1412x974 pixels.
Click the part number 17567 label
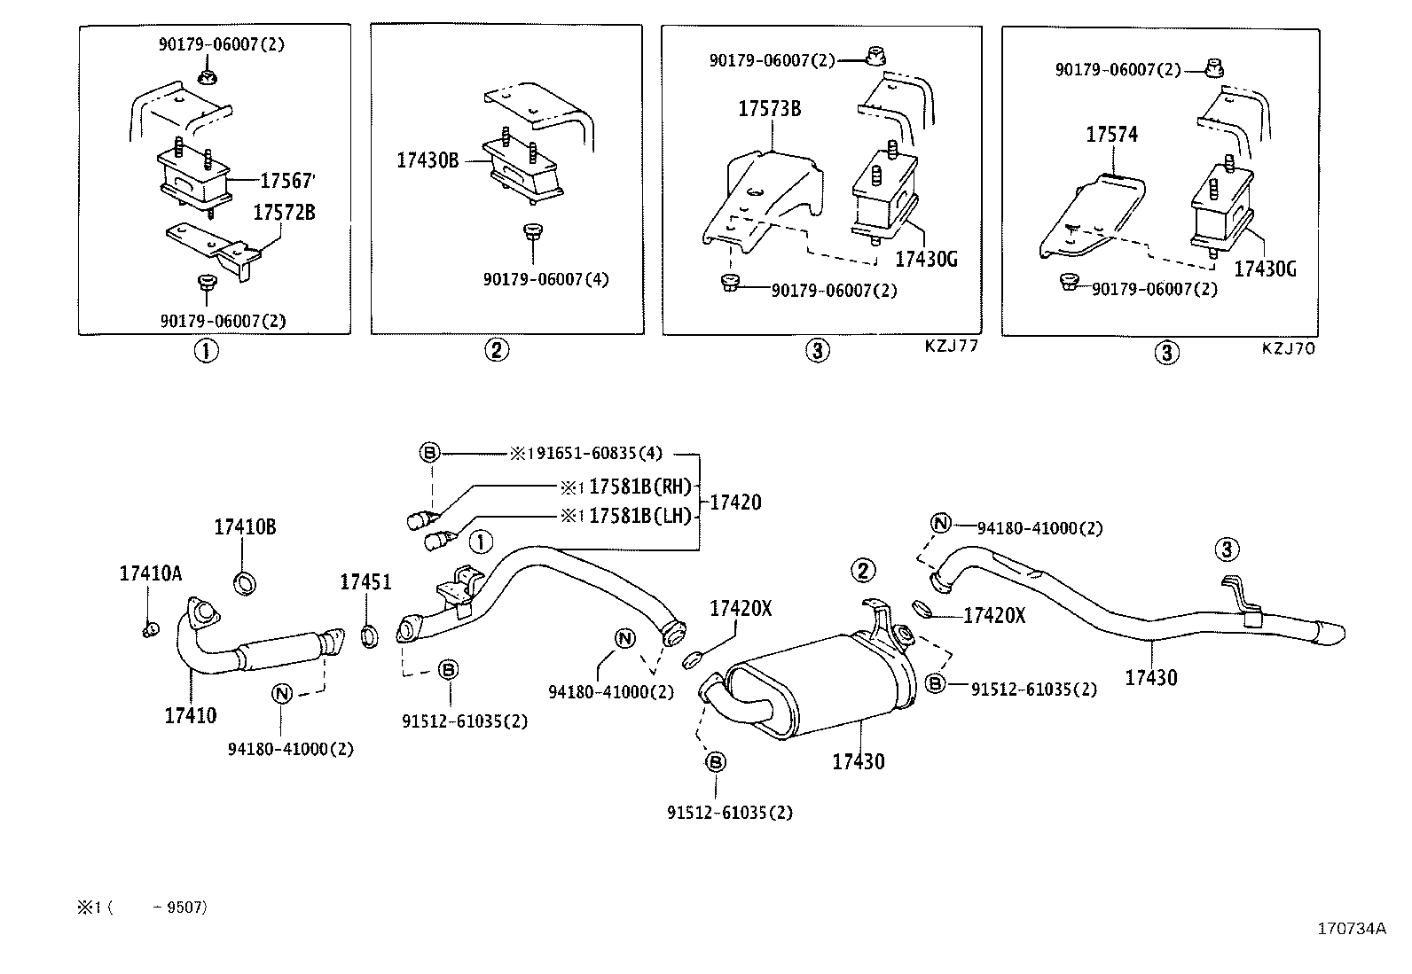286,181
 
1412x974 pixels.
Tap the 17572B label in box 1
284,213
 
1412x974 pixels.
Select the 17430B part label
428,160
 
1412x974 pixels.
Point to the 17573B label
770,109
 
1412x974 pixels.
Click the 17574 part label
1112,135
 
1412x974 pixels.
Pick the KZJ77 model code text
951,347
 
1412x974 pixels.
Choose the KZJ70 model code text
1289,348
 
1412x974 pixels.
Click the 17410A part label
151,574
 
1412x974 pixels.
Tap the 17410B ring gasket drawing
245,583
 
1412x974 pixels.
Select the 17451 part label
365,582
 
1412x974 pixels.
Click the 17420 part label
736,503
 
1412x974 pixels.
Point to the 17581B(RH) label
639,487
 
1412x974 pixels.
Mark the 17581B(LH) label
639,515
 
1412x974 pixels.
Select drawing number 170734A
1351,929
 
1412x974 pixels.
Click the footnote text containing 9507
142,908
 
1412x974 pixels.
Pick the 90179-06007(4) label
545,279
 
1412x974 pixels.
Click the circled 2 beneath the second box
497,350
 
